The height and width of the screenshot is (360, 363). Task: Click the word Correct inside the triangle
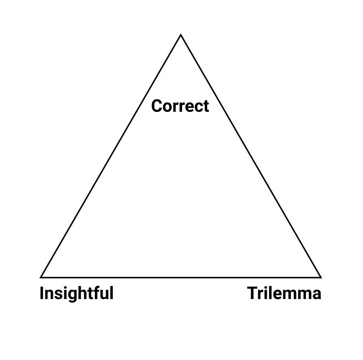coord(180,106)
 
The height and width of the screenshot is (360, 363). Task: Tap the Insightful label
coord(76,294)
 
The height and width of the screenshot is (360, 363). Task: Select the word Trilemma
coord(284,294)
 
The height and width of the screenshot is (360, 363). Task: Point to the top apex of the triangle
coord(181,35)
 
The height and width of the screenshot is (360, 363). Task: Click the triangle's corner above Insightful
coord(41,277)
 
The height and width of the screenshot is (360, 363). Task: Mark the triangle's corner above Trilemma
coord(320,277)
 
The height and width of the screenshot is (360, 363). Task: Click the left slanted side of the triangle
coord(111,156)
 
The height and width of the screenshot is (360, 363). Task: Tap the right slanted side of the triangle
coord(251,156)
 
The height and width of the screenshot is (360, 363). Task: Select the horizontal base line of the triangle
coord(181,277)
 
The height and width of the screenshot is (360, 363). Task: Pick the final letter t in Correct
coord(206,106)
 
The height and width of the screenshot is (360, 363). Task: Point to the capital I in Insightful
coord(42,294)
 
